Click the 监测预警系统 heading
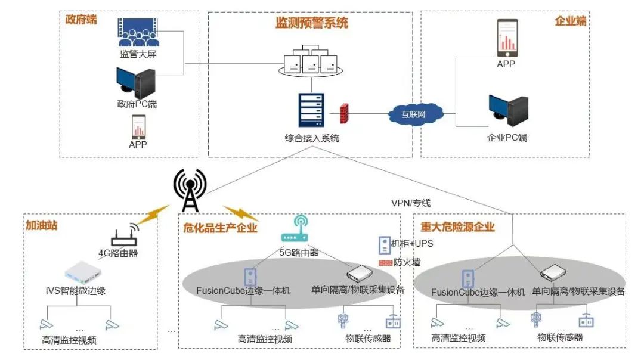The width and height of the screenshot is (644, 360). (311, 23)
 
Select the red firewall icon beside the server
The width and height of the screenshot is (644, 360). (343, 113)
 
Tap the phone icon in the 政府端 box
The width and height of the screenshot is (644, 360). (138, 126)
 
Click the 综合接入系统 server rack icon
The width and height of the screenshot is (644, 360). (311, 110)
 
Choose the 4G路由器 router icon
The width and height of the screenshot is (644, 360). (124, 236)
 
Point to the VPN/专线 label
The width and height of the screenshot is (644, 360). (410, 203)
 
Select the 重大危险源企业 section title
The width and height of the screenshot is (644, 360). (457, 227)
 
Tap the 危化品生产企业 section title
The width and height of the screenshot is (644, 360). (220, 227)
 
